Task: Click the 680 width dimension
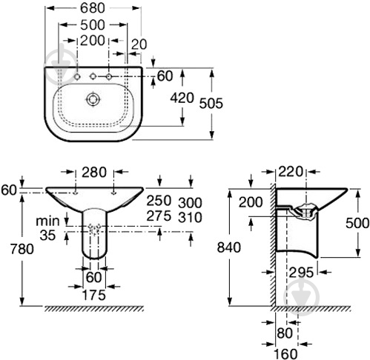(93, 8)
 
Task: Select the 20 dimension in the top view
(139, 44)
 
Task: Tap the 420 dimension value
(182, 98)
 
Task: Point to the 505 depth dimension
(211, 103)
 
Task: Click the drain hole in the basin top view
(93, 99)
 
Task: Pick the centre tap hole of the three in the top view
(93, 76)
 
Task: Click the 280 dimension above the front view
(94, 172)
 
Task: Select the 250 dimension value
(159, 200)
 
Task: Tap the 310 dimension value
(190, 218)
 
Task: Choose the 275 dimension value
(159, 216)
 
